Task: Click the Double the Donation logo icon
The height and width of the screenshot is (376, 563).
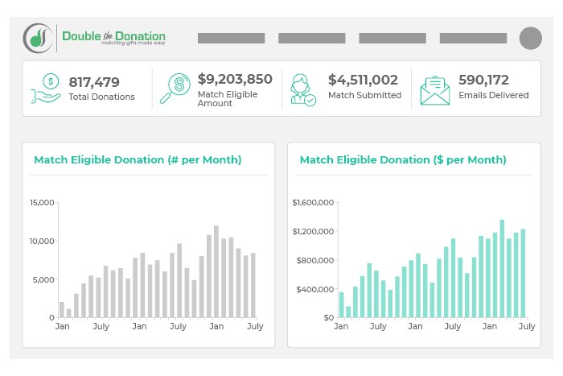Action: tap(39, 37)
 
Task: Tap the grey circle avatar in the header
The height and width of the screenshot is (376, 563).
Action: tap(531, 38)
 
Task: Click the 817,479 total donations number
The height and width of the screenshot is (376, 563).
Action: tap(94, 81)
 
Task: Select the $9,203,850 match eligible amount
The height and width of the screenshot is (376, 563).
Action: tap(235, 79)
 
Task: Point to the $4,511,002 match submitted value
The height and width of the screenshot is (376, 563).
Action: tap(363, 80)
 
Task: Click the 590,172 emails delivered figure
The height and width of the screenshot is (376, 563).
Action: tap(483, 80)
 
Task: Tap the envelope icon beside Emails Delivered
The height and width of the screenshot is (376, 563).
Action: tap(434, 89)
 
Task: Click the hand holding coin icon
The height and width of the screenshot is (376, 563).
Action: tap(47, 88)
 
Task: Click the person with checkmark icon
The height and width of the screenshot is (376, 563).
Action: tap(304, 89)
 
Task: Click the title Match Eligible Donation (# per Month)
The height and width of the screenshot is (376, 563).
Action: tap(138, 159)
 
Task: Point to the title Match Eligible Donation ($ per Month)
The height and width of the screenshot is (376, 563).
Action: tap(403, 159)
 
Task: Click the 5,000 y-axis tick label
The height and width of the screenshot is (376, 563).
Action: tap(43, 279)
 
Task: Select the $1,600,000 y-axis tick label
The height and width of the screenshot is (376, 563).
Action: tap(313, 202)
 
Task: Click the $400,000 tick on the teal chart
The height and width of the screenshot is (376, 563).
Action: tap(315, 289)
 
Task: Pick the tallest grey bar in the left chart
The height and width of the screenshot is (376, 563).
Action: tap(216, 271)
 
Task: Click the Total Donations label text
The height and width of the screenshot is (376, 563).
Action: tap(102, 97)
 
